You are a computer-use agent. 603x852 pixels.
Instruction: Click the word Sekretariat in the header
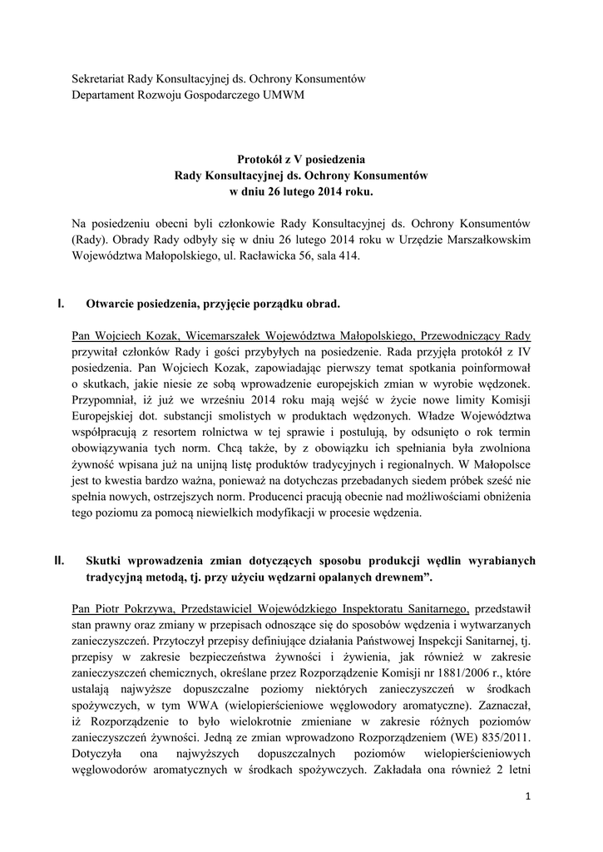pos(104,78)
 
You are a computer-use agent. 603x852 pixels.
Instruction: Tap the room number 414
pos(348,256)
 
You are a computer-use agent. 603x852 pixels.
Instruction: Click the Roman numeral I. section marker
pos(61,304)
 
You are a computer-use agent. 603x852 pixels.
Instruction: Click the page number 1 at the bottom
pos(528,797)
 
